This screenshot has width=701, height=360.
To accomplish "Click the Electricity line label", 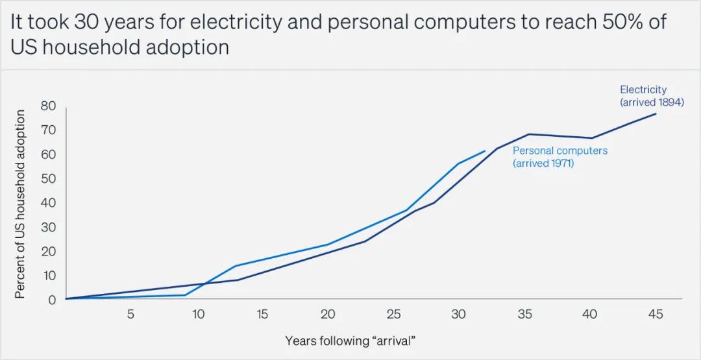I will tap(643, 90).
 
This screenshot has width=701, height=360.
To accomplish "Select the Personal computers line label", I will tap(560, 150).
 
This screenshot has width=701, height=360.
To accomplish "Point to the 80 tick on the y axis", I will tap(49, 106).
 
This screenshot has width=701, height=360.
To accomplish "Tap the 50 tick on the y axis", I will tap(49, 178).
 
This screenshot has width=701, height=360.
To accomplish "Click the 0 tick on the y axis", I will tap(52, 300).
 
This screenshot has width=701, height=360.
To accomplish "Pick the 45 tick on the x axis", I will tap(656, 314).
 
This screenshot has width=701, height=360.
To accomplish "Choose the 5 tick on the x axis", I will tap(130, 314).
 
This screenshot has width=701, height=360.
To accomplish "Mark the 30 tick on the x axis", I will tap(458, 314).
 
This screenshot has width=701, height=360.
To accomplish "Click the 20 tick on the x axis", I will tap(328, 314).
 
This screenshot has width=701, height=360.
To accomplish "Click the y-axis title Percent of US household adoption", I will tap(20, 204).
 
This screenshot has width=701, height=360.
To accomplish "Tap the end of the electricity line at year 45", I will tap(656, 114).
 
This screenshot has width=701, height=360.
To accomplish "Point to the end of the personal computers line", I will tap(485, 151).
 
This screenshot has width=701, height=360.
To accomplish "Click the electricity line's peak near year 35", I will tap(529, 134).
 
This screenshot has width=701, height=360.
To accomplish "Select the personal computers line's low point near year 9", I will tap(185, 295).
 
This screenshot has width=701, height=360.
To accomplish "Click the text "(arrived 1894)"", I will tap(652, 102).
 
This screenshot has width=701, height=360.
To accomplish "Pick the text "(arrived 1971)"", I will tap(543, 163).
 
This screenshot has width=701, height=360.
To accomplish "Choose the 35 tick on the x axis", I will tap(524, 314).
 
